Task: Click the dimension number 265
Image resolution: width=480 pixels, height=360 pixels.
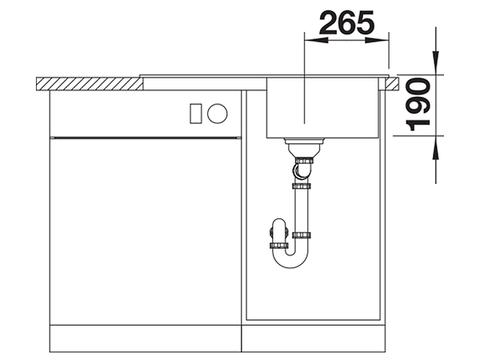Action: (x=346, y=22)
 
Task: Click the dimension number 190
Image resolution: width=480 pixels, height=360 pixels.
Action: (x=418, y=104)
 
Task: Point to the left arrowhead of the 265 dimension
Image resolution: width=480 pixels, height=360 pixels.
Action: (x=316, y=41)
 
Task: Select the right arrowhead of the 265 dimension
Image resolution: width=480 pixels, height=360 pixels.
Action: (x=377, y=41)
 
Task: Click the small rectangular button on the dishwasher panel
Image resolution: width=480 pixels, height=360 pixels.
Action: (x=196, y=114)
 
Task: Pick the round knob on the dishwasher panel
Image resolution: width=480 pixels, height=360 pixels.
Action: (x=218, y=114)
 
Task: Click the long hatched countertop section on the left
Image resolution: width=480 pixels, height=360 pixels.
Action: (x=90, y=84)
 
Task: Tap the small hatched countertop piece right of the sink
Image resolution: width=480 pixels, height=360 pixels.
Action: (x=392, y=83)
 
